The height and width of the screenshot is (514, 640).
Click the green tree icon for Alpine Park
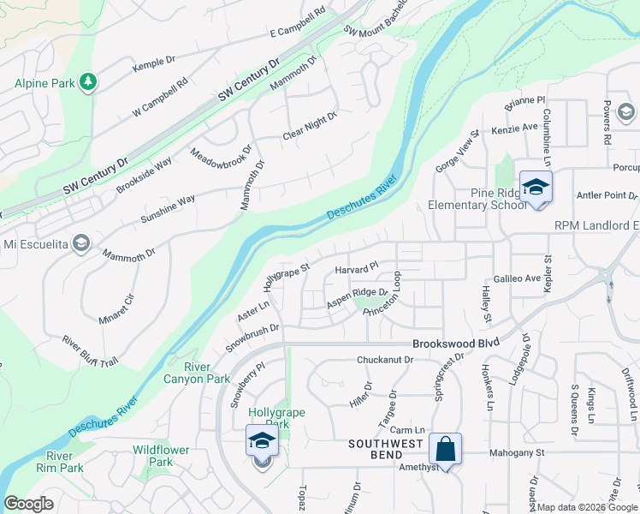coord(87,82)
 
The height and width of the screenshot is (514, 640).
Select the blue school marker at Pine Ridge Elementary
coord(536,188)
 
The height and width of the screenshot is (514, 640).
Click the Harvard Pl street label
coord(356,269)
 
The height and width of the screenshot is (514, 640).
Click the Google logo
coord(28,504)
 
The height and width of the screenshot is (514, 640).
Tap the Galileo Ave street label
coord(517,279)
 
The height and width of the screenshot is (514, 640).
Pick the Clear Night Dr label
coord(310,128)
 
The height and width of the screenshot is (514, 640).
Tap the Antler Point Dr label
coord(607,196)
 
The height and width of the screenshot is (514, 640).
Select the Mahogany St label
coord(516,452)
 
